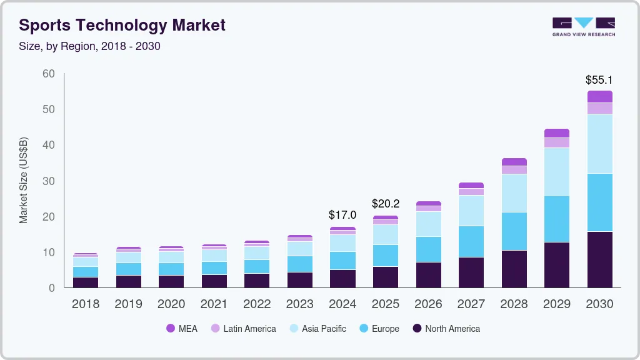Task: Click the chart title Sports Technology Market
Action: click(122, 25)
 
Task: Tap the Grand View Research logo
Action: click(583, 26)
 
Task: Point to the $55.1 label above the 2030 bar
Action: click(599, 80)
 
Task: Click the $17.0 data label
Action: click(342, 215)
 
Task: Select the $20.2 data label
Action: click(385, 204)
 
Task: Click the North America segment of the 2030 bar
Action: click(599, 259)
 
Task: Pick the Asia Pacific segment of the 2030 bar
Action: click(599, 144)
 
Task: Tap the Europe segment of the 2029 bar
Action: click(556, 219)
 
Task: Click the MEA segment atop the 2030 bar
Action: click(599, 96)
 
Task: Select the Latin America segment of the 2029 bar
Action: click(556, 142)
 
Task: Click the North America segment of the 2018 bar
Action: click(85, 282)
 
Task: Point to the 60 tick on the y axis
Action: click(49, 74)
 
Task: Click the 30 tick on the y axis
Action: click(49, 181)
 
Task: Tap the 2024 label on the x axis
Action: click(342, 304)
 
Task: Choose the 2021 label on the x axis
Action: click(214, 304)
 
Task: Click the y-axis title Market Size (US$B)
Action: click(24, 180)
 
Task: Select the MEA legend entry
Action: click(182, 329)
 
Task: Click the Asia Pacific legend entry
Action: click(317, 329)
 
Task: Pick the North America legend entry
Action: click(446, 329)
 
